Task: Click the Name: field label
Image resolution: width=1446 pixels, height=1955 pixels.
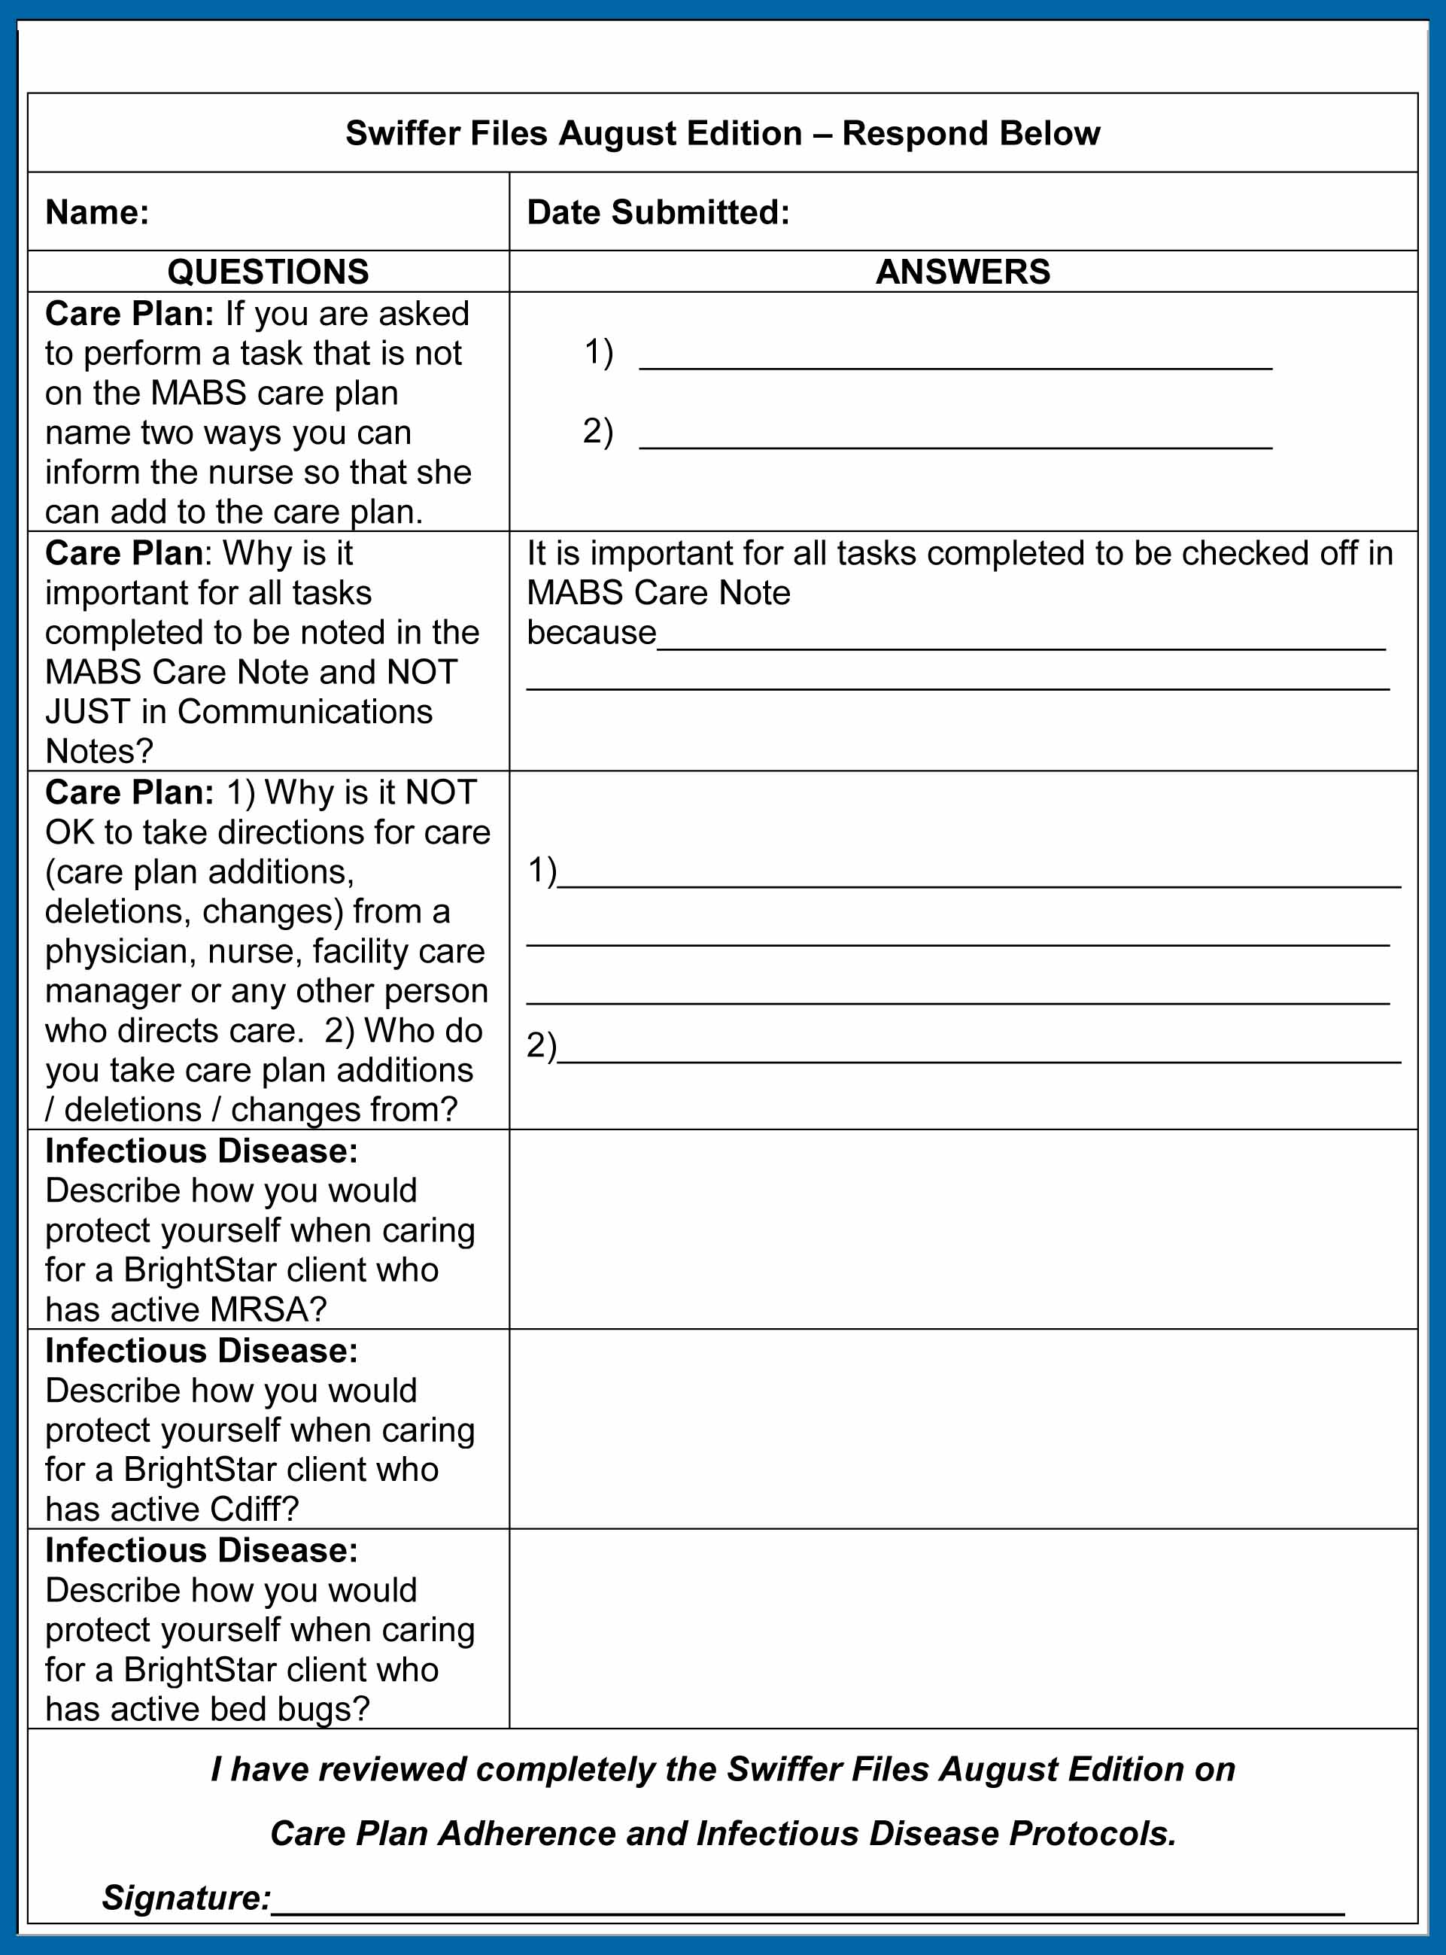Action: tap(97, 213)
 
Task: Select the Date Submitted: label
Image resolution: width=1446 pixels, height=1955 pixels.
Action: tap(658, 213)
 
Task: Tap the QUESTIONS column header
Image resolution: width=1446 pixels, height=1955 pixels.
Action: tap(268, 272)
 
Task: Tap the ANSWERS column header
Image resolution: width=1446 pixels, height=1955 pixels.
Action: tap(963, 272)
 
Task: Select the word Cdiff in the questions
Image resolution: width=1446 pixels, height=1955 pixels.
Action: tap(254, 1509)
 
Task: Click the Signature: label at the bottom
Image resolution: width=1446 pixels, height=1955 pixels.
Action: tap(187, 1897)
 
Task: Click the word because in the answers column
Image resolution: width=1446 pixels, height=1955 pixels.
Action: tap(591, 632)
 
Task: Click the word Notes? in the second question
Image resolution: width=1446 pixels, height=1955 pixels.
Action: tap(99, 751)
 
